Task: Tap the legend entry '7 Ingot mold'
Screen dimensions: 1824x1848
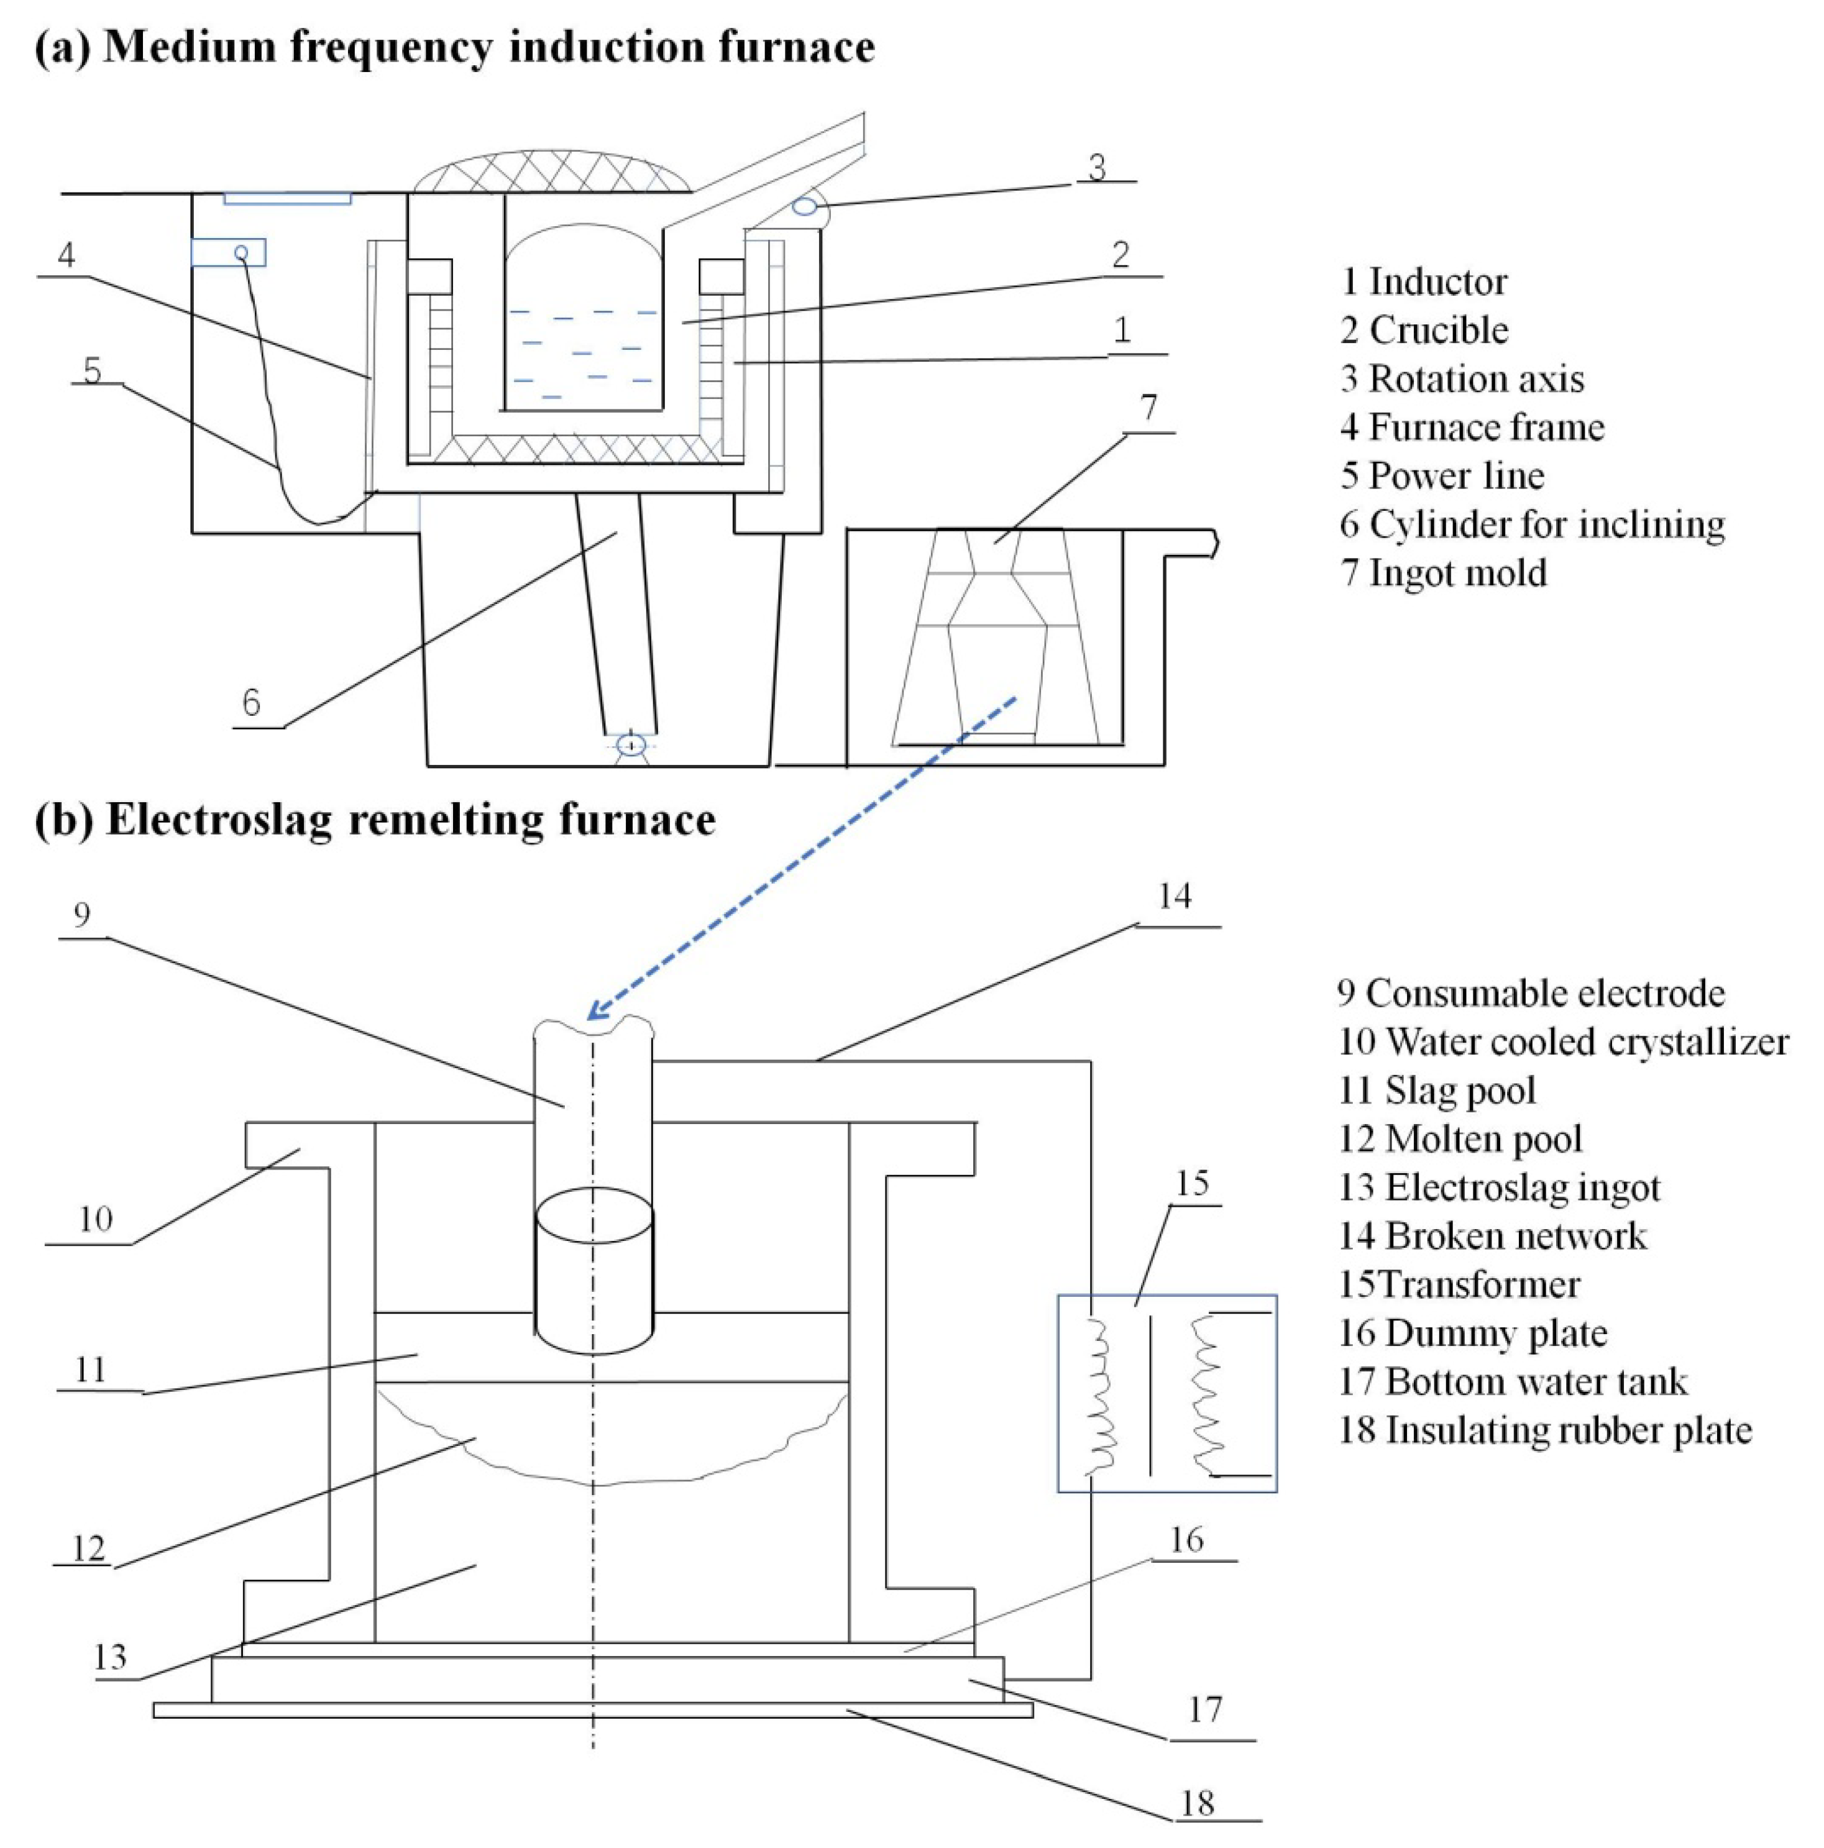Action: tap(1443, 572)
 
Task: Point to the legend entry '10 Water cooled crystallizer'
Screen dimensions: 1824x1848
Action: tap(1563, 1041)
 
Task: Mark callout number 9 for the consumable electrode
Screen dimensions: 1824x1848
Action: tap(82, 915)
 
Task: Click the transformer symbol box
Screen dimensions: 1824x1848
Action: tap(1167, 1394)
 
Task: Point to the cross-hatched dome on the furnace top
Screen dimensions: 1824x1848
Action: tap(552, 172)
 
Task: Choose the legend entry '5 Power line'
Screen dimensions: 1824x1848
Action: tap(1442, 475)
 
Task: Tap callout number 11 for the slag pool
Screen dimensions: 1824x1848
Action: tap(91, 1370)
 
